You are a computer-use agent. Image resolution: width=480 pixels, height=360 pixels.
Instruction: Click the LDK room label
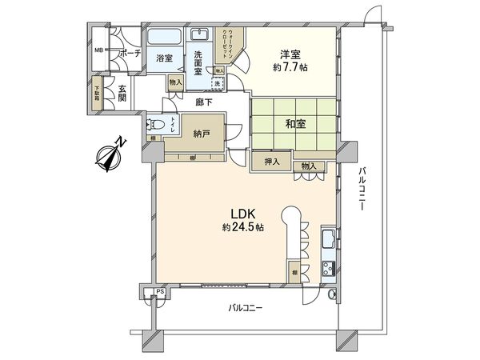pos(242,214)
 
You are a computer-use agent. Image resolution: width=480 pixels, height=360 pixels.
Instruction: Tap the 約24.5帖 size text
pos(243,228)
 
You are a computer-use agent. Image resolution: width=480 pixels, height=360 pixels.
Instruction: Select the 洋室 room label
pos(290,54)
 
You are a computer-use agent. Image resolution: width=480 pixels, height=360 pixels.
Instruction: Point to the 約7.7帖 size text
pos(290,67)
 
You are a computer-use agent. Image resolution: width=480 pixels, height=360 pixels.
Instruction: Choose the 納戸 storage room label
pos(202,134)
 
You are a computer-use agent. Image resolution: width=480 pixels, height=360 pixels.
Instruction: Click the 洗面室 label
pos(202,62)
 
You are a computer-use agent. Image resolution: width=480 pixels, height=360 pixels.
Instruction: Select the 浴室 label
pos(166,58)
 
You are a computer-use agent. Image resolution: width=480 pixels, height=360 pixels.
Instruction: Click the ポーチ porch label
pos(130,54)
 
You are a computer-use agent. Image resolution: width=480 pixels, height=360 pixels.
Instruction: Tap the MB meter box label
pos(99,50)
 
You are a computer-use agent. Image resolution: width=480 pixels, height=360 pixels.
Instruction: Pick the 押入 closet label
pos(272,162)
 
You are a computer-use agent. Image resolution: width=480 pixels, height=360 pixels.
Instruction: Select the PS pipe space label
pos(160,292)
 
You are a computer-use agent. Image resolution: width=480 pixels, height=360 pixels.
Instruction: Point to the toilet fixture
pos(157,125)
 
